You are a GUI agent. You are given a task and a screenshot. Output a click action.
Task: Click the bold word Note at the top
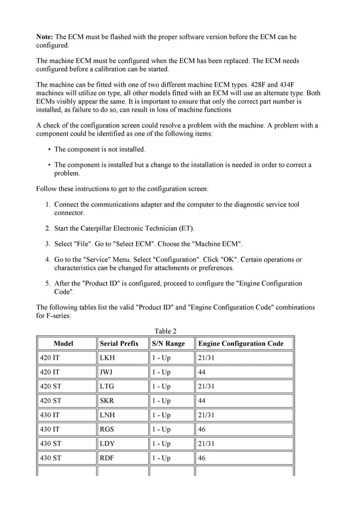[45, 37]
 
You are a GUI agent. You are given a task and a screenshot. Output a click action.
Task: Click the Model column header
[63, 344]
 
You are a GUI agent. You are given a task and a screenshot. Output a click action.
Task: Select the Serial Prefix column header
[119, 344]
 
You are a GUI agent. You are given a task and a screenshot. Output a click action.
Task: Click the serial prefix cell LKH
[107, 358]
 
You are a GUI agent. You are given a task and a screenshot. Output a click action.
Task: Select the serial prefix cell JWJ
[107, 372]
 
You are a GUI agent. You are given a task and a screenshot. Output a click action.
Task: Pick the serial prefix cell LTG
[107, 387]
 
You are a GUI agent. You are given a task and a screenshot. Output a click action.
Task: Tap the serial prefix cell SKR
[107, 401]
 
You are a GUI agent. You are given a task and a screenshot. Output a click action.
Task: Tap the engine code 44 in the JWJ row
[203, 372]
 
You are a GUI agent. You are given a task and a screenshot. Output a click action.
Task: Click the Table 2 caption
[165, 331]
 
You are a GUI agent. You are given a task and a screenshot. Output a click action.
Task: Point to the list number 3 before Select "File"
[47, 244]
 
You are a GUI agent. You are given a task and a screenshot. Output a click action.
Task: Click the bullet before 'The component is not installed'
[48, 149]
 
